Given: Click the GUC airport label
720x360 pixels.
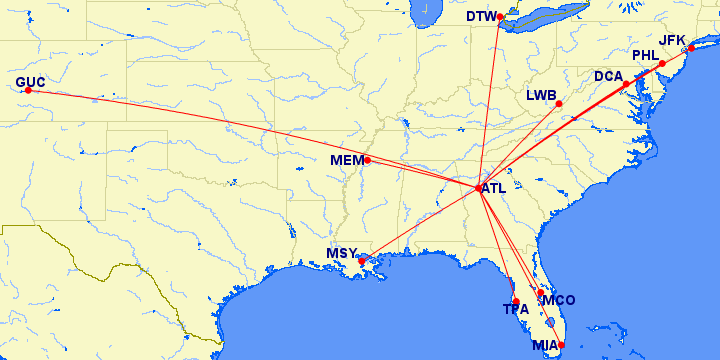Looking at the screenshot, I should pyautogui.click(x=30, y=81).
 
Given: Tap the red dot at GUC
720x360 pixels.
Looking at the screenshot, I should pyautogui.click(x=28, y=91).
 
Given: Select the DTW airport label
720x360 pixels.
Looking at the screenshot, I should pyautogui.click(x=481, y=16).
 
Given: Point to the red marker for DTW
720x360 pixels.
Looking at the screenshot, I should pyautogui.click(x=500, y=16).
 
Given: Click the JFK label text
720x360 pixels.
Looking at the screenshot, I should pyautogui.click(x=672, y=40).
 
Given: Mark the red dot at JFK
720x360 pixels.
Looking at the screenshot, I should pyautogui.click(x=691, y=49).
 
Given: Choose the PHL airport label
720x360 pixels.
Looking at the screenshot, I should pyautogui.click(x=646, y=55).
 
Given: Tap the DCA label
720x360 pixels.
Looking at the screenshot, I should pyautogui.click(x=609, y=76).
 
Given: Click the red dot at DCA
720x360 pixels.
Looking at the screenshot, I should pyautogui.click(x=627, y=84).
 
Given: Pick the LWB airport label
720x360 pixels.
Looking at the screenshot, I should pyautogui.click(x=541, y=96).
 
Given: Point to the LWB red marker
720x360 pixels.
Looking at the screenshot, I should pyautogui.click(x=559, y=104).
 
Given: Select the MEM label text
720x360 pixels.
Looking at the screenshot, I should pyautogui.click(x=346, y=160).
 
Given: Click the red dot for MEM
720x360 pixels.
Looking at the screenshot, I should pyautogui.click(x=367, y=160).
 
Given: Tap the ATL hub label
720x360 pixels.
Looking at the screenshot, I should pyautogui.click(x=494, y=187).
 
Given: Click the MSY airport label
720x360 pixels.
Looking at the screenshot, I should pyautogui.click(x=341, y=253).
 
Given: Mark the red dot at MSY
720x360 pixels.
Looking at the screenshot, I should pyautogui.click(x=362, y=260).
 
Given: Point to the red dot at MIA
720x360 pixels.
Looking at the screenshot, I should pyautogui.click(x=561, y=345).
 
